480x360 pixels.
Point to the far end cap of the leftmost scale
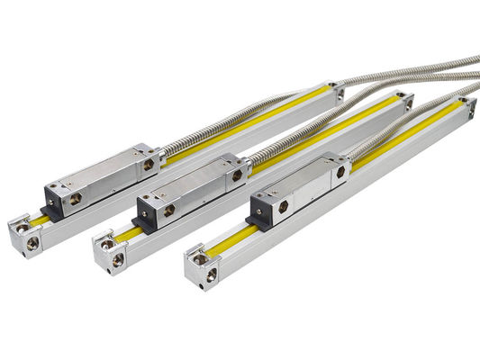point(336,89)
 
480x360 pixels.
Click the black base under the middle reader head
point(141,223)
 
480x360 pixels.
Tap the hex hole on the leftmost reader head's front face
point(76,197)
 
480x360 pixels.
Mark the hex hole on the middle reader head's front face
point(168,211)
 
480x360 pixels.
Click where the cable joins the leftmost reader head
point(162,156)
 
